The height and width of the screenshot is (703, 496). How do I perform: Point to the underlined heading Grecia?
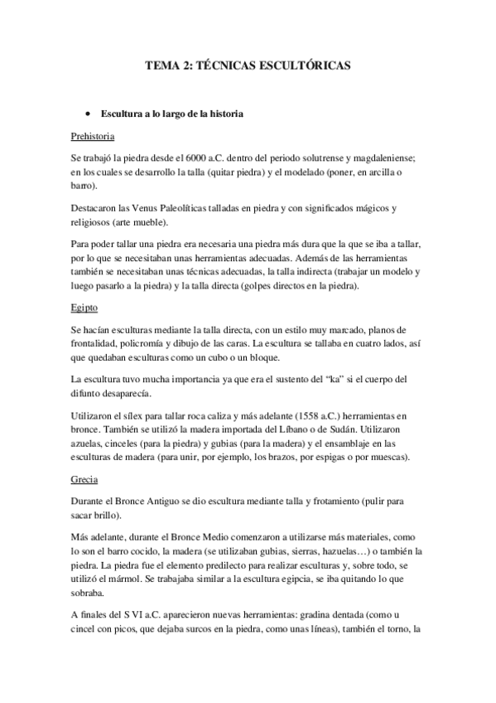point(84,478)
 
